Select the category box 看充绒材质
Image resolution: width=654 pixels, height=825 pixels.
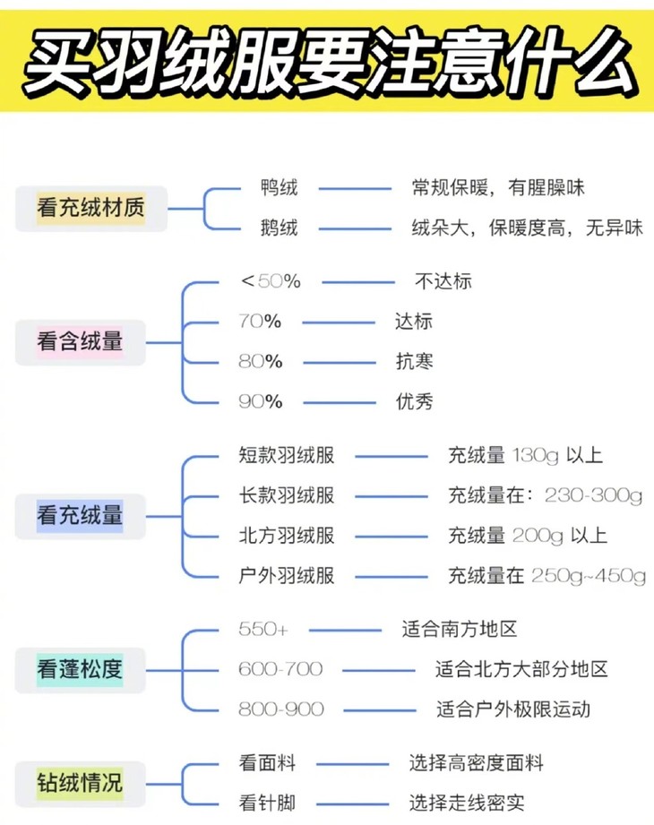(90, 209)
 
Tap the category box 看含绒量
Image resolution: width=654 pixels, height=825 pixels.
(80, 341)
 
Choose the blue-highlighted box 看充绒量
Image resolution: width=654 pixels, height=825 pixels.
(80, 516)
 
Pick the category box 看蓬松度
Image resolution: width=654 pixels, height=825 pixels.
(80, 668)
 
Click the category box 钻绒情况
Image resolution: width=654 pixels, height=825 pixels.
(80, 783)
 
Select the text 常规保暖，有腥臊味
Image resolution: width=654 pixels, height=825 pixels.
(497, 188)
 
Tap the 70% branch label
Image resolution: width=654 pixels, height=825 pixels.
(260, 321)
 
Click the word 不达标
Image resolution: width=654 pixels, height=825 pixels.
(443, 281)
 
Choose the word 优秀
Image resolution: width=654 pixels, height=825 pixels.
(414, 401)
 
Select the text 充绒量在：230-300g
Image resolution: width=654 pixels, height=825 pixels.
(545, 495)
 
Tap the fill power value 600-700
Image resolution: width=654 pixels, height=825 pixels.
(280, 669)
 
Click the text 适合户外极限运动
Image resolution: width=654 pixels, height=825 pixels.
(513, 709)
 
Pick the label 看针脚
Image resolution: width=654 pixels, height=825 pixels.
(267, 803)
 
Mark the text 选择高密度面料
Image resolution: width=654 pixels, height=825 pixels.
(476, 763)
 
